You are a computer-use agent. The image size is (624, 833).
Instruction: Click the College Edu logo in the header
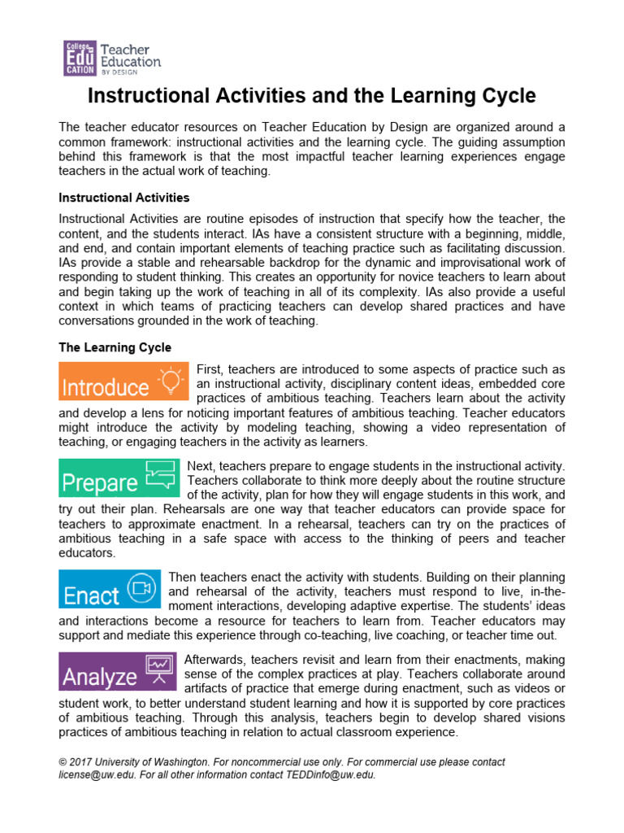(x=80, y=58)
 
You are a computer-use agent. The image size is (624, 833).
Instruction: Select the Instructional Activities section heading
(x=123, y=198)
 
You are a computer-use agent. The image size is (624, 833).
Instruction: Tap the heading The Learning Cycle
(x=115, y=347)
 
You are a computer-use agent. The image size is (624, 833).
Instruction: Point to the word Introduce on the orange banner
(x=106, y=386)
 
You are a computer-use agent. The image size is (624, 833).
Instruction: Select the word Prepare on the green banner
(x=100, y=483)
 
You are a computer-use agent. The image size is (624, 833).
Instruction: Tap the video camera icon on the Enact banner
(x=142, y=588)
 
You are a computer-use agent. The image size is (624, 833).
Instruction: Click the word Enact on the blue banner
(x=91, y=595)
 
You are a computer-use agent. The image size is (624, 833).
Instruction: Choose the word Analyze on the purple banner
(x=99, y=677)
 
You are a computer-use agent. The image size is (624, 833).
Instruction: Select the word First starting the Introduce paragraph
(x=211, y=369)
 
